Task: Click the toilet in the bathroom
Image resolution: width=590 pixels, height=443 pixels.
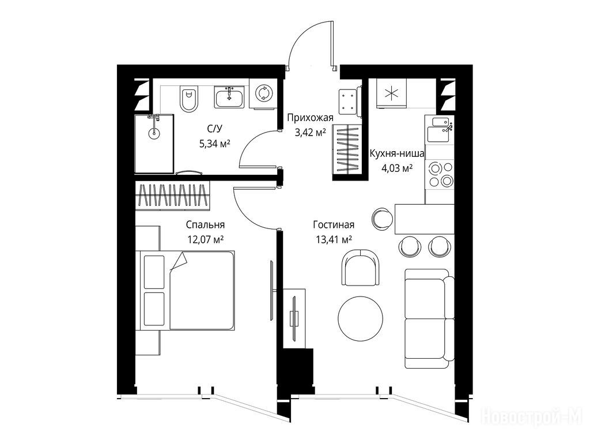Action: click(x=189, y=99)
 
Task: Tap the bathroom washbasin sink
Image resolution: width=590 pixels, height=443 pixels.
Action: click(x=229, y=97)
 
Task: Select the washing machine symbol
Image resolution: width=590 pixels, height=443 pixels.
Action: click(x=262, y=93)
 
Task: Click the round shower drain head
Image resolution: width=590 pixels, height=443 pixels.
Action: click(x=153, y=133)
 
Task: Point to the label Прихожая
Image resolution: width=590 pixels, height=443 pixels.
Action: click(x=311, y=118)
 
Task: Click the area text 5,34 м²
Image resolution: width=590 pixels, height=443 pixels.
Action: click(x=214, y=144)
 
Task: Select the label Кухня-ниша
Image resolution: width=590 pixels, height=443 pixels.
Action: click(x=397, y=153)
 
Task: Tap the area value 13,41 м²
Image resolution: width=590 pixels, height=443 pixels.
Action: click(x=334, y=239)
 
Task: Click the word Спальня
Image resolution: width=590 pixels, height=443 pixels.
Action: click(x=206, y=225)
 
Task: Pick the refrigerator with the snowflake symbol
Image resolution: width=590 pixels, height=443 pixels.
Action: click(x=392, y=93)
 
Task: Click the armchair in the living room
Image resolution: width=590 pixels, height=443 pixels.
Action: click(x=361, y=268)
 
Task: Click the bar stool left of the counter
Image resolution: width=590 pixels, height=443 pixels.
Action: click(x=383, y=219)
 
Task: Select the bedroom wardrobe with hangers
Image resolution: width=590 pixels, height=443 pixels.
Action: click(x=172, y=194)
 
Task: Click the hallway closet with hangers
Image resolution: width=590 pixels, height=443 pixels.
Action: click(x=346, y=149)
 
